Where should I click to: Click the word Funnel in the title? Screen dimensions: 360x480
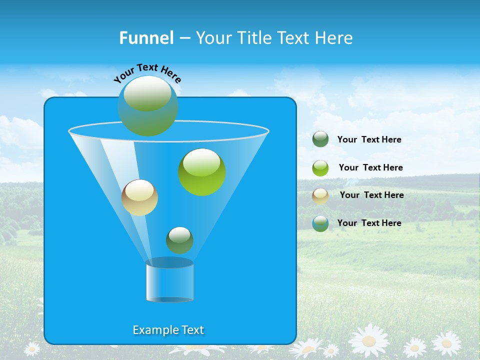146,38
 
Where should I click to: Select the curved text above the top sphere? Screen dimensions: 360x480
147,73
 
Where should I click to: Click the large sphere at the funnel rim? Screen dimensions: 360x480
147,106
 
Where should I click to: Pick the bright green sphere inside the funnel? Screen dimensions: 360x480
202,172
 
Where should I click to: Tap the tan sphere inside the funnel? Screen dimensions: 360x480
139,197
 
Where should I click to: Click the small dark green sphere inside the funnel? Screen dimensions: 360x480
179,240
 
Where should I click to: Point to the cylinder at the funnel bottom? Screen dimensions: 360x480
169,280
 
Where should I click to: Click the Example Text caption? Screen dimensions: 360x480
168,330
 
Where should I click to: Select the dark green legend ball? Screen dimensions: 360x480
320,139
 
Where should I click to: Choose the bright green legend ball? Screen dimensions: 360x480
320,167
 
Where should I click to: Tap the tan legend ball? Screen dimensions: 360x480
320,195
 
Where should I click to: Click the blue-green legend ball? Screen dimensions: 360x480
320,223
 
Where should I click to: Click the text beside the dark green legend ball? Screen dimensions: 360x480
369,139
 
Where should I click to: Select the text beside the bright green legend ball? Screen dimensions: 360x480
370,167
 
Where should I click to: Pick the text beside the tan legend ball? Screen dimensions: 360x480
371,195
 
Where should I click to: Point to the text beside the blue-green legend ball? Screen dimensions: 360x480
369,223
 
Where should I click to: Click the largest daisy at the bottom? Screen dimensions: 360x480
369,340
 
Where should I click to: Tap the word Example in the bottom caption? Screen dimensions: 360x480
152,330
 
